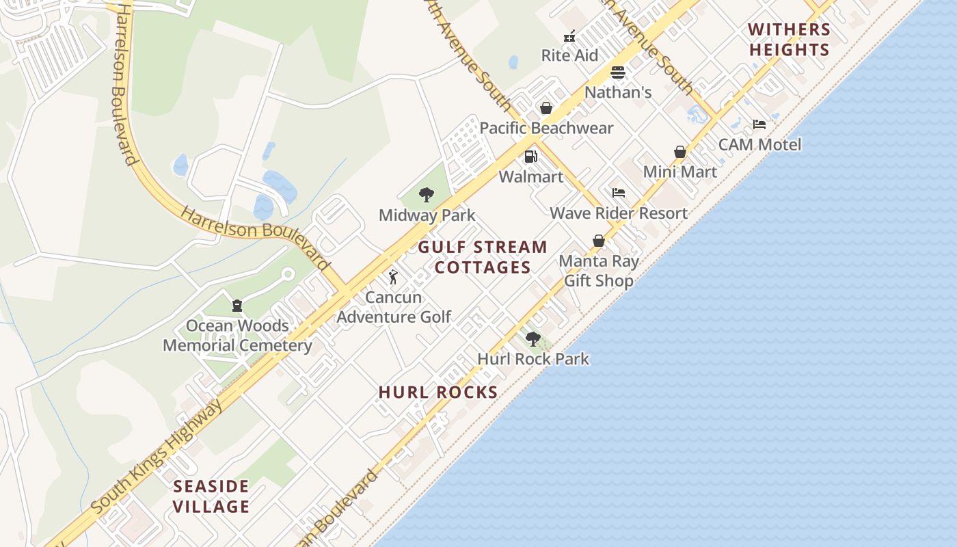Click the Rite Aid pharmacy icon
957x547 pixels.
[569, 37]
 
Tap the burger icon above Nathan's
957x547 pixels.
[618, 72]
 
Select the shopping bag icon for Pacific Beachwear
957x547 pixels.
[546, 108]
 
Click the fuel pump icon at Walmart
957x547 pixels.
[531, 157]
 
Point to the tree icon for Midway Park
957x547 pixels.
[427, 195]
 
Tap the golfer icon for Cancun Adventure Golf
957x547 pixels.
[393, 277]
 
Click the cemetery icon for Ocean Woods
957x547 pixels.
[237, 306]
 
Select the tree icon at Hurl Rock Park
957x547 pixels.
[533, 338]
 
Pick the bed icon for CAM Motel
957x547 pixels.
[759, 124]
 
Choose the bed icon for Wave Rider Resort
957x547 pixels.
[619, 193]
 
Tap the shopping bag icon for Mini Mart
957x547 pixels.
[680, 152]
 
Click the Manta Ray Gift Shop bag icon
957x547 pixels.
[599, 241]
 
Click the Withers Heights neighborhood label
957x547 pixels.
[789, 40]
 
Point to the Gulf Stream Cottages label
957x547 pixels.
[483, 257]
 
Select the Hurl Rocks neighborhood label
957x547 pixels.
[438, 392]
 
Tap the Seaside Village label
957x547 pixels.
[211, 496]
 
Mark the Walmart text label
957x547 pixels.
[531, 177]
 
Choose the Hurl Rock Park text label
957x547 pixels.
[533, 359]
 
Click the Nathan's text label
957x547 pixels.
[618, 92]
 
